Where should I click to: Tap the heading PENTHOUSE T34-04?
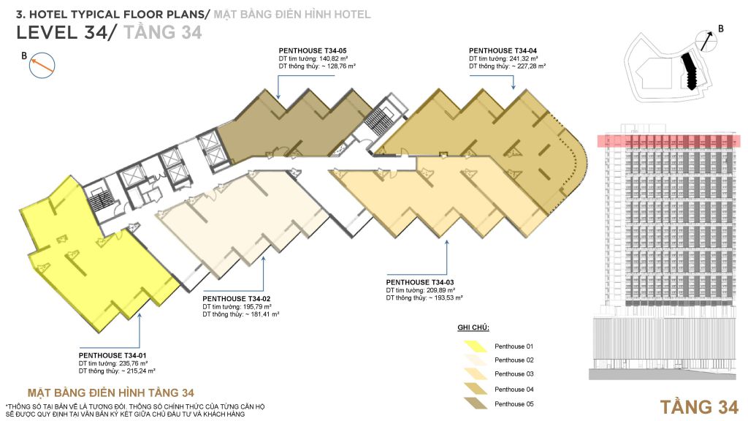click(x=500, y=50)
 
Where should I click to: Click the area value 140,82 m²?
click(x=334, y=58)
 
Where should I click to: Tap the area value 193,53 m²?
click(x=446, y=297)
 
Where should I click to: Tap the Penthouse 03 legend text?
click(x=514, y=374)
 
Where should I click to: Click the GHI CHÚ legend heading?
click(x=473, y=328)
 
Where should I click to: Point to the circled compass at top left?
click(x=41, y=67)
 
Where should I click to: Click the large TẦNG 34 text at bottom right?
click(x=699, y=406)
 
